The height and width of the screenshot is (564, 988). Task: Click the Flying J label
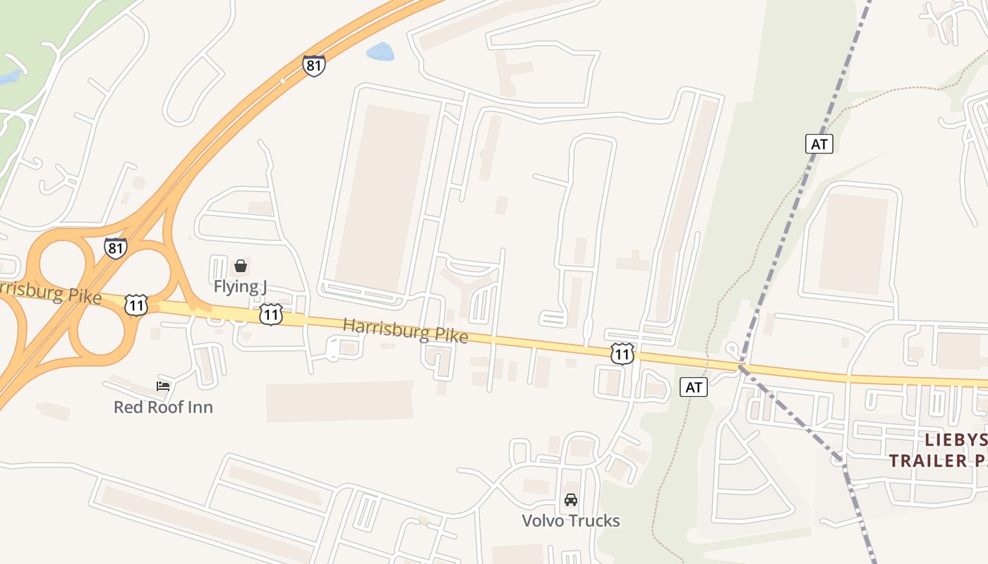point(240,286)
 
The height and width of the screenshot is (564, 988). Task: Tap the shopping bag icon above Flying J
point(241,266)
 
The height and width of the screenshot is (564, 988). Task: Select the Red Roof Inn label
point(163,407)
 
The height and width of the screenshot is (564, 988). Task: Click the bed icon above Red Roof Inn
point(163,386)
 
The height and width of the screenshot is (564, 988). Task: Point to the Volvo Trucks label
point(570,521)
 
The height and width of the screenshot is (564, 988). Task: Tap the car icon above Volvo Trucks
point(571,500)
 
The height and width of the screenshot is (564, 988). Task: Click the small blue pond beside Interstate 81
point(380,51)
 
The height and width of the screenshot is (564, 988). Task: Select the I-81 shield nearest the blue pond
point(314,66)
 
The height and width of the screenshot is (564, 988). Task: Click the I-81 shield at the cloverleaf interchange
point(115,247)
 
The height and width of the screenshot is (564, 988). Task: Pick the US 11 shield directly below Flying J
point(271,314)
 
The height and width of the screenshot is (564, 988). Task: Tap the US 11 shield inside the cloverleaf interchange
point(136,305)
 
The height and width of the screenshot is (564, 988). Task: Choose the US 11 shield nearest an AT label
point(622,354)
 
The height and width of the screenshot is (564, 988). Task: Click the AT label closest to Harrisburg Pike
point(694,387)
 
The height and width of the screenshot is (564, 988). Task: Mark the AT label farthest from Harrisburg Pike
point(819,144)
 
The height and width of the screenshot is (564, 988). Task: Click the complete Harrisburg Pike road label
point(405,331)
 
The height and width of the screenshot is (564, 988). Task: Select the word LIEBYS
point(956,440)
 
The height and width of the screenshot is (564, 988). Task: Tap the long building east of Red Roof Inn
point(339,402)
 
